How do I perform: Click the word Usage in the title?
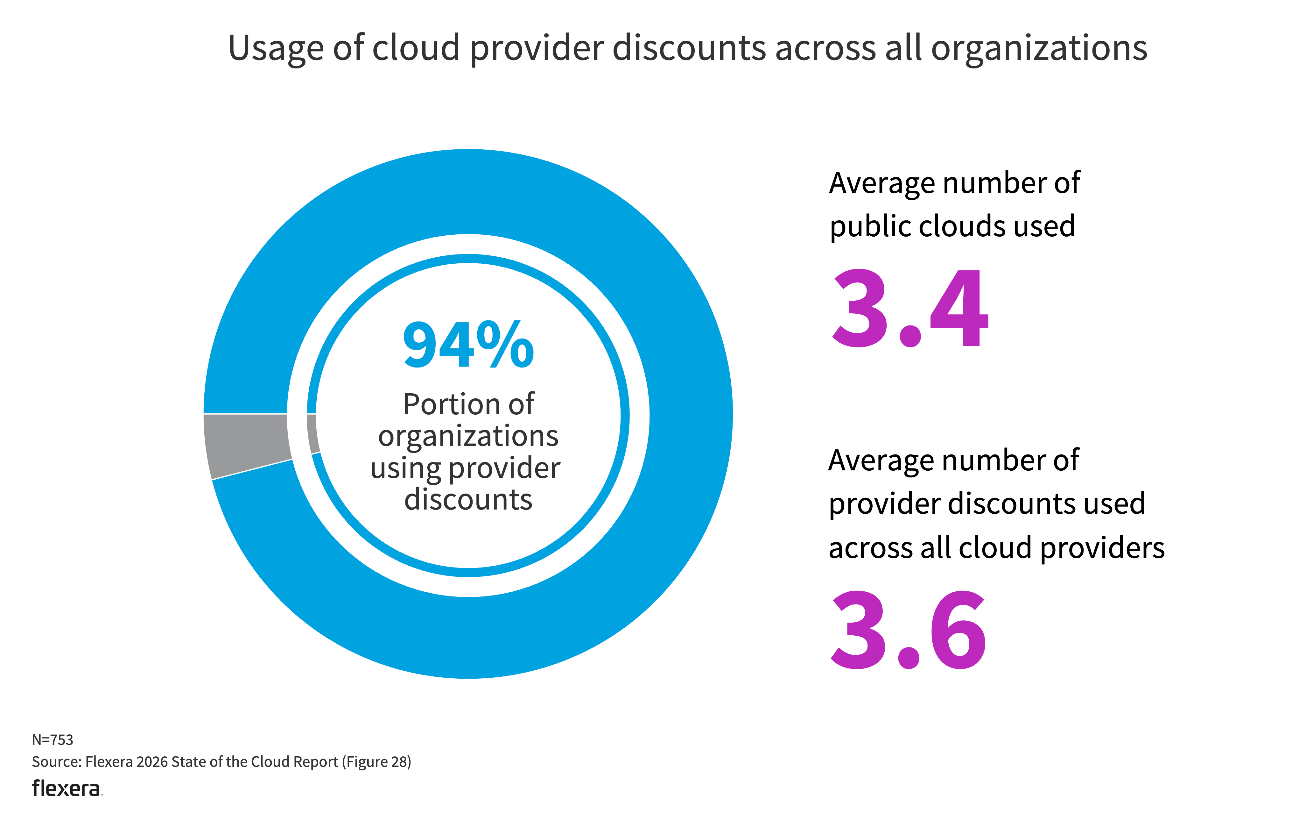point(276,49)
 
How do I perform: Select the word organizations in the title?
point(1039,49)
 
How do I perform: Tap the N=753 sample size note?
point(53,739)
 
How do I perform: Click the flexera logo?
point(66,789)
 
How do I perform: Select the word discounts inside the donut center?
point(468,499)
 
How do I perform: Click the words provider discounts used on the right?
point(987,503)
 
